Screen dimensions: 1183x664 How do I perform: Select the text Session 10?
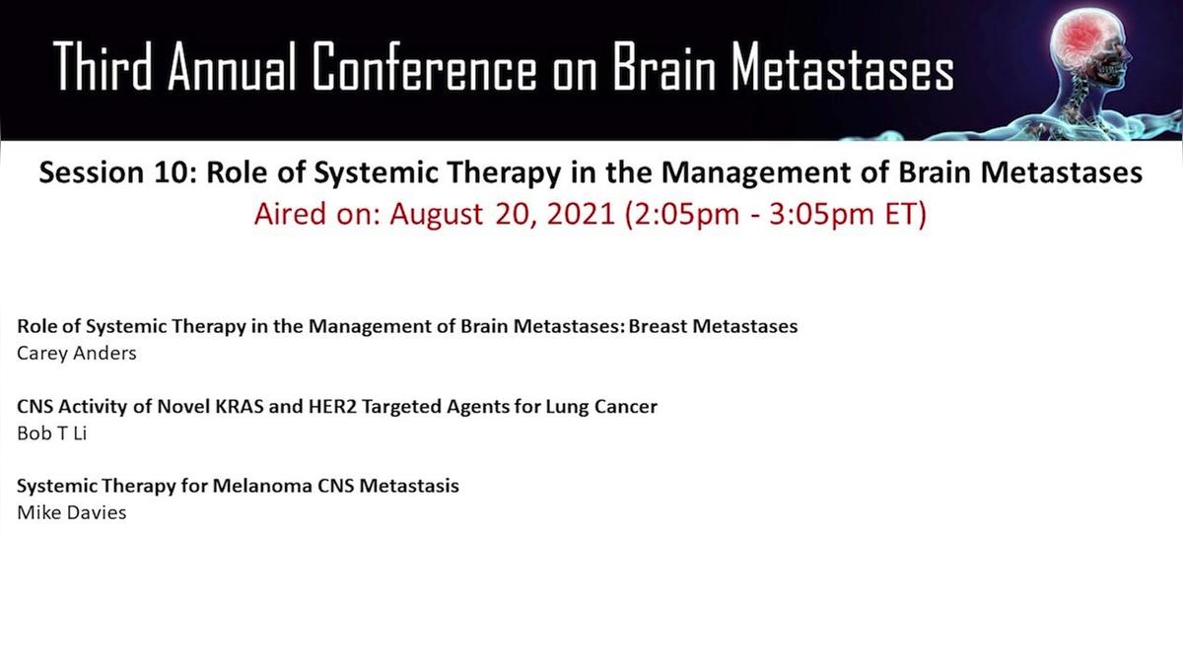point(117,172)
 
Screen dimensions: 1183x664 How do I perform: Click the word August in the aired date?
point(436,215)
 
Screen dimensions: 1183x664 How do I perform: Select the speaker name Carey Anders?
point(77,354)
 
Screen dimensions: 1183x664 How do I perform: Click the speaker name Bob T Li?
point(51,433)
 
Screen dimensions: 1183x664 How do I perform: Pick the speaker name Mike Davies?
point(72,512)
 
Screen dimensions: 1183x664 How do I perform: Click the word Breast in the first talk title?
point(658,326)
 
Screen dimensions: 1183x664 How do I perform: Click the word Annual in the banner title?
point(232,67)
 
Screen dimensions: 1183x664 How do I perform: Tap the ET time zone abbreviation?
point(905,215)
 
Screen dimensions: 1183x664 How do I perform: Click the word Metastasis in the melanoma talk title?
point(409,486)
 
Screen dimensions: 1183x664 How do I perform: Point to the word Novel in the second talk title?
point(183,407)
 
